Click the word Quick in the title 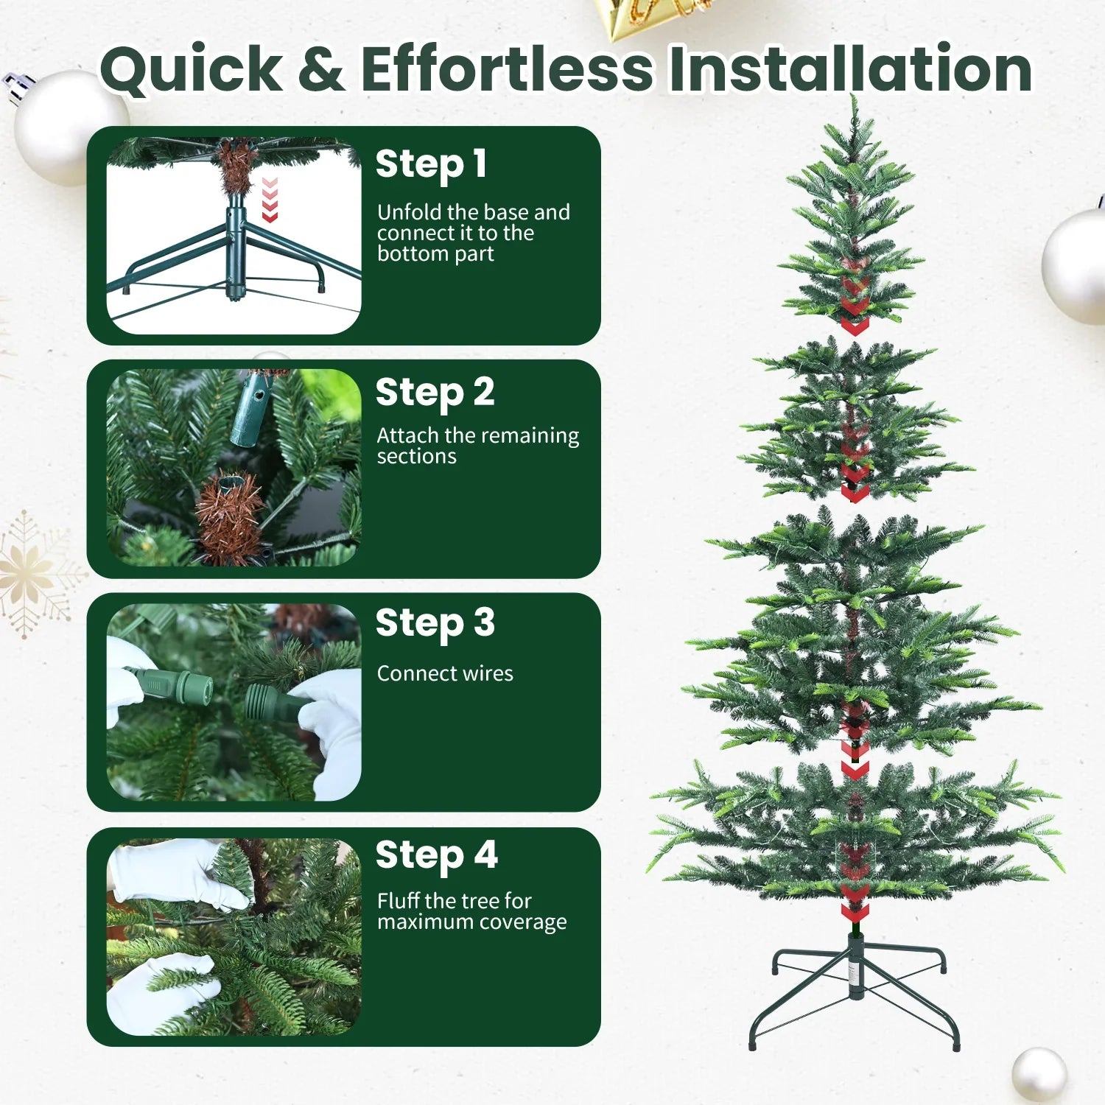pyautogui.click(x=191, y=69)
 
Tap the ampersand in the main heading pyautogui.click(x=321, y=69)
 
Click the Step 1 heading pyautogui.click(x=431, y=164)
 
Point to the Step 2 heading pyautogui.click(x=435, y=393)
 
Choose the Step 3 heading pyautogui.click(x=435, y=624)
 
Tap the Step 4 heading pyautogui.click(x=436, y=856)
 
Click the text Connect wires pyautogui.click(x=445, y=673)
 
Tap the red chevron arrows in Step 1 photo pyautogui.click(x=270, y=199)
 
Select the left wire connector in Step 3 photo pyautogui.click(x=173, y=685)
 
